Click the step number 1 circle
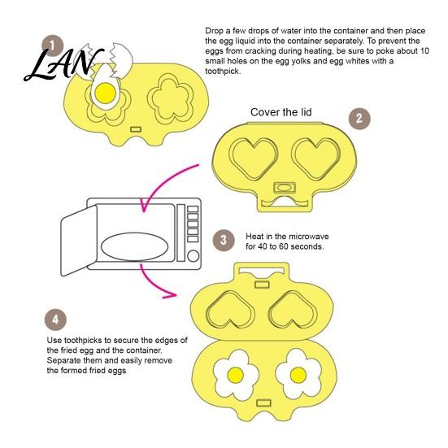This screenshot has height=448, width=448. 52,46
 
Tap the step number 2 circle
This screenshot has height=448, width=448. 359,119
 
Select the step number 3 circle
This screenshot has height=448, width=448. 224,241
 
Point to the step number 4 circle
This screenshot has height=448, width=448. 55,320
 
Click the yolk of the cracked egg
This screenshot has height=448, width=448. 105,93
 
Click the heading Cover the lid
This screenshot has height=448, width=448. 281,112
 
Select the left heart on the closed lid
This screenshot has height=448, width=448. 254,158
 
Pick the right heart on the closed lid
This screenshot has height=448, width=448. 316,158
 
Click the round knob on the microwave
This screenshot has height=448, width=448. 194,256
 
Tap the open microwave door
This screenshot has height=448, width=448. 79,241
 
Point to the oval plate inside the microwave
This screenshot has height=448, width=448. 134,247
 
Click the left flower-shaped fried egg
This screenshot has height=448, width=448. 236,375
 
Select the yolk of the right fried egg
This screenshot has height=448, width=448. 298,375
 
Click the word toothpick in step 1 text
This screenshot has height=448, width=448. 222,71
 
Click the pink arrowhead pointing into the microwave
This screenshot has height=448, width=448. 144,206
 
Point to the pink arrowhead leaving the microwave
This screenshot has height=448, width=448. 170,295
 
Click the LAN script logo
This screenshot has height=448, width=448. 63,64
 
